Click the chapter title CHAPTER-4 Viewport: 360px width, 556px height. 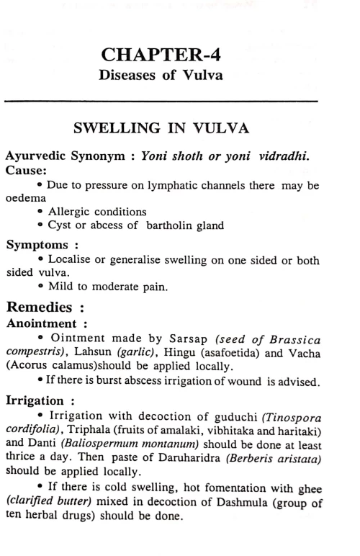pos(180,55)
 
